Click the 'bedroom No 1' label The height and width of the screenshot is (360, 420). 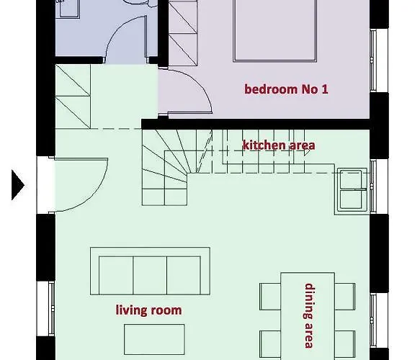286,89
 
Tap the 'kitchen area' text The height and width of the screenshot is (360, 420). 279,145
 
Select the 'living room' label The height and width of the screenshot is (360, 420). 148,310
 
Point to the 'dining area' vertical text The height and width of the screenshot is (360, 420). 309,315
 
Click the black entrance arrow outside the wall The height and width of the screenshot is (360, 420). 18,185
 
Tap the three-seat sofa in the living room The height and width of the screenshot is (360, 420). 150,271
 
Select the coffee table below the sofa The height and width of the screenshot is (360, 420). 154,339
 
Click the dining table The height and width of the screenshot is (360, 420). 308,316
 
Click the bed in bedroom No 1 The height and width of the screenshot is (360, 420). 275,31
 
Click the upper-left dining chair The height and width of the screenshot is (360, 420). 270,297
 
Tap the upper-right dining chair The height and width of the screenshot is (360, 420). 345,297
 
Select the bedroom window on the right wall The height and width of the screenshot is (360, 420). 373,60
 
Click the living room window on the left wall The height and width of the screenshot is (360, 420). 51,309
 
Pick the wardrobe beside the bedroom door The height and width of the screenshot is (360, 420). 183,33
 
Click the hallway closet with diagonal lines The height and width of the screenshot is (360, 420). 73,96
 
